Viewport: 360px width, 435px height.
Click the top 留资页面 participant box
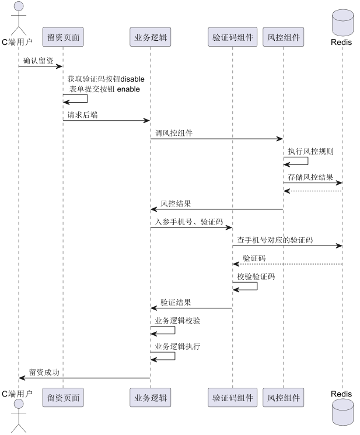pos(63,38)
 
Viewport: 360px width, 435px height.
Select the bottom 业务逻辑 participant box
pos(150,398)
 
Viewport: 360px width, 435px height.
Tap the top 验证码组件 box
pos(232,38)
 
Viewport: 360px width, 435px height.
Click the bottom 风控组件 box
pos(284,398)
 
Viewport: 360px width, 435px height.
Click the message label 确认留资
pos(39,60)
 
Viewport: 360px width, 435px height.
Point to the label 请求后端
pos(82,115)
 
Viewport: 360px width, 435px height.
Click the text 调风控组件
pos(174,133)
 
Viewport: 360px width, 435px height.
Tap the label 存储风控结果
pos(311,177)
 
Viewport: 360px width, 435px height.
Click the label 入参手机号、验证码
pos(189,222)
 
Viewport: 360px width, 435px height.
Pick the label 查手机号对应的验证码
pos(275,240)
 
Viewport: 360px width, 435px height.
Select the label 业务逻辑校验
pos(177,321)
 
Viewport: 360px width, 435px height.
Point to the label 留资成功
pos(44,372)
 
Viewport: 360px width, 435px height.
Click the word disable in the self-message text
pos(132,79)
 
